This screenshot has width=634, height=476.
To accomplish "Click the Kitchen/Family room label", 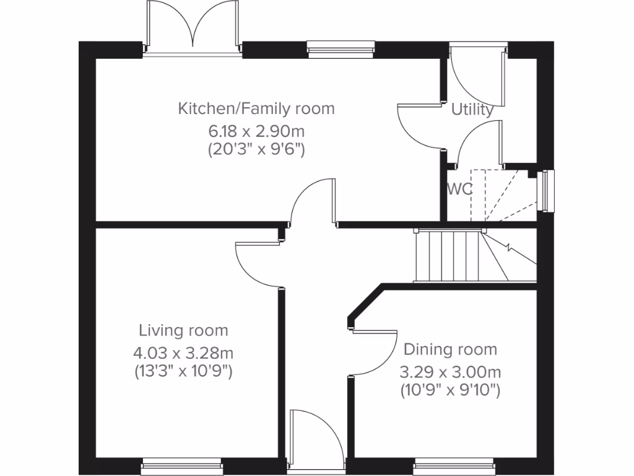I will pyautogui.click(x=256, y=109).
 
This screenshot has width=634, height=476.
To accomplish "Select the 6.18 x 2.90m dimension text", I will pyautogui.click(x=256, y=131).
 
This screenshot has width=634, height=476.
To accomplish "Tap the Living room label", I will pyautogui.click(x=183, y=330).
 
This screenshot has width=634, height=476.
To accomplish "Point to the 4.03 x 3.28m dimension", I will pyautogui.click(x=183, y=353).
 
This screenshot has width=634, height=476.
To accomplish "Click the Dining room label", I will pyautogui.click(x=450, y=350).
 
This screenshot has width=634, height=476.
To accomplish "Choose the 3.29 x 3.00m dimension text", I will pyautogui.click(x=450, y=372).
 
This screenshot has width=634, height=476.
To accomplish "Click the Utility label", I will pyautogui.click(x=472, y=110).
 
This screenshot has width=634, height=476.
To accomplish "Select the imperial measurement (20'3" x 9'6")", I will pyautogui.click(x=256, y=149).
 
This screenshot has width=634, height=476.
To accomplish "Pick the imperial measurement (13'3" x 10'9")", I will pyautogui.click(x=183, y=372).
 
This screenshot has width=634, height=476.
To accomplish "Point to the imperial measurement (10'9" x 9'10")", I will pyautogui.click(x=450, y=390).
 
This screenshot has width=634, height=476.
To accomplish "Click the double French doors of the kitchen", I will pyautogui.click(x=192, y=28).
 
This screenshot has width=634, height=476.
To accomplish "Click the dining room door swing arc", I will pyautogui.click(x=375, y=353).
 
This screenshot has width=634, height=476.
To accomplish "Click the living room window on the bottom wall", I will pyautogui.click(x=181, y=467).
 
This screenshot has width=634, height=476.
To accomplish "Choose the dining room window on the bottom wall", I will pyautogui.click(x=454, y=467).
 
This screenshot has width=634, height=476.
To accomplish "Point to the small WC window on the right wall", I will pyautogui.click(x=547, y=191).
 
